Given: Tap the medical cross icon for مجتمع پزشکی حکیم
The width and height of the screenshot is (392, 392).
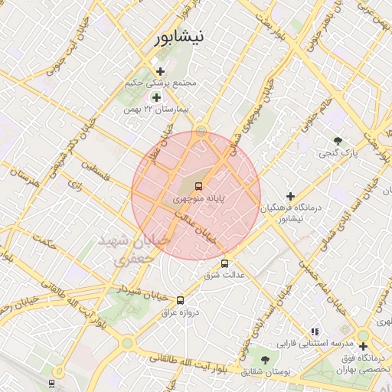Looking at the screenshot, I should pos(160,71).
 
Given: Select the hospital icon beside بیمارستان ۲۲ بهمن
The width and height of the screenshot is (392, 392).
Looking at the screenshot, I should pos(157,97).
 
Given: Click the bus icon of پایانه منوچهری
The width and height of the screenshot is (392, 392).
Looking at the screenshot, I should pos(199,186).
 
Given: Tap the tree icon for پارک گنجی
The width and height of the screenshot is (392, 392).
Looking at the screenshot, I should pos(338,141).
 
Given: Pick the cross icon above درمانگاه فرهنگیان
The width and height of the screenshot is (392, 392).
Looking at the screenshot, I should pos(290,196).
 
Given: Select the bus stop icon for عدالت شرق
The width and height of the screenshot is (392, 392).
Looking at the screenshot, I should pos(224,264).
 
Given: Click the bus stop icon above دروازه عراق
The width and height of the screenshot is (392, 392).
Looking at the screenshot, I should pos(181,301).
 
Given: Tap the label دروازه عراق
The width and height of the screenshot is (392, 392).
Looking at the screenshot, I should pos(183,312).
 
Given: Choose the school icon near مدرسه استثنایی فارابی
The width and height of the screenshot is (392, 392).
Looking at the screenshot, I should pos(314,332).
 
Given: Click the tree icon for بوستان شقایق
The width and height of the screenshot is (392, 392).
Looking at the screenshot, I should pos(266,359).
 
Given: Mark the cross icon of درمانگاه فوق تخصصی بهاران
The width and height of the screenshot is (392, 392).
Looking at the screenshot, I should pos(363,346).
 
